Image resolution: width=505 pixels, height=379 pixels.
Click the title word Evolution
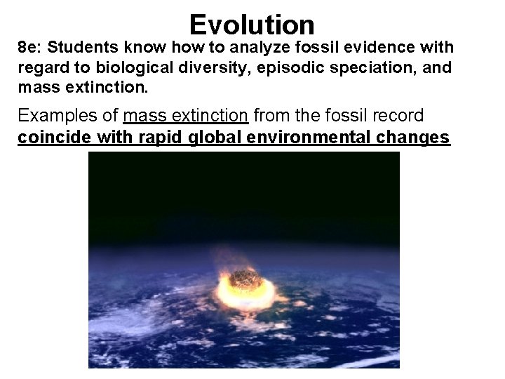(252, 25)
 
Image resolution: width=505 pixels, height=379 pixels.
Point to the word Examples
(53, 116)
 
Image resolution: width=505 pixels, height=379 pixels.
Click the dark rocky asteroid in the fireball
(245, 279)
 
